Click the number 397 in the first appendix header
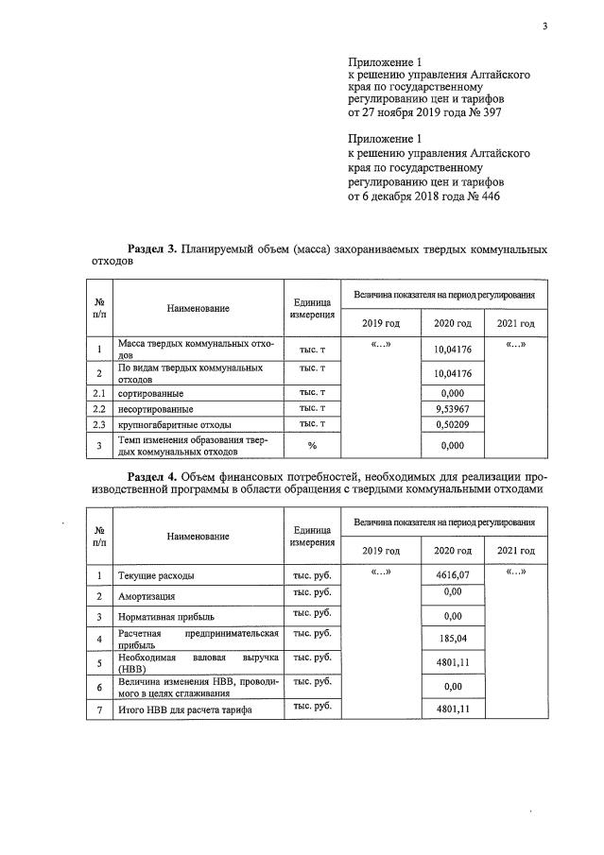click(x=489, y=111)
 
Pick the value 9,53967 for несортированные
click(x=452, y=409)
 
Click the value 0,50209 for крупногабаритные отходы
click(x=452, y=425)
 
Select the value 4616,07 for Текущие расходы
click(x=452, y=573)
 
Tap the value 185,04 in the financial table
click(x=452, y=638)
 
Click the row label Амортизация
click(x=147, y=596)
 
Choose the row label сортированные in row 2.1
click(x=150, y=392)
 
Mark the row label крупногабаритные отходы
click(x=173, y=425)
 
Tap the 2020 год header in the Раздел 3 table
click(x=452, y=324)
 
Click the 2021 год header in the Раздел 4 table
click(x=515, y=551)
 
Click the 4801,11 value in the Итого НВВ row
click(x=452, y=709)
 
